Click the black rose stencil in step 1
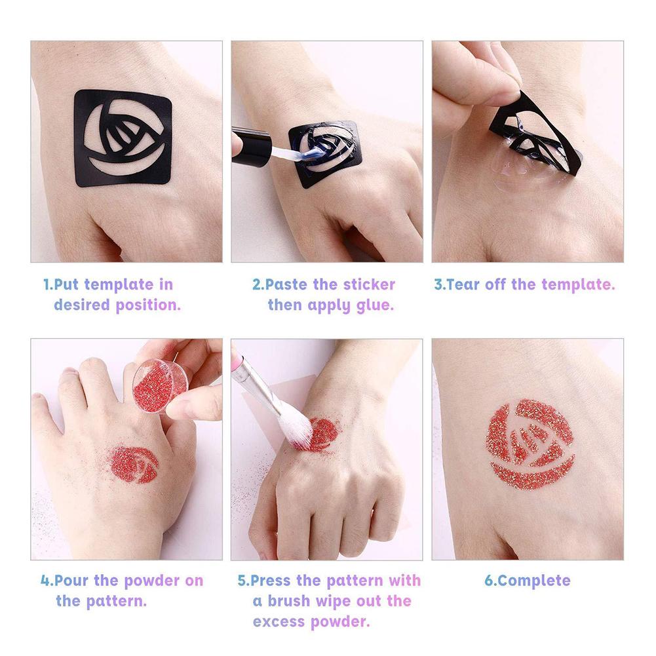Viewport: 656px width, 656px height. pos(122,138)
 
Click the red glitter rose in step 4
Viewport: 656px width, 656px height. pos(134,464)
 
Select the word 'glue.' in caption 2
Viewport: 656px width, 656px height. pos(375,305)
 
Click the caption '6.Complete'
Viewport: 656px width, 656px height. pos(527,581)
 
